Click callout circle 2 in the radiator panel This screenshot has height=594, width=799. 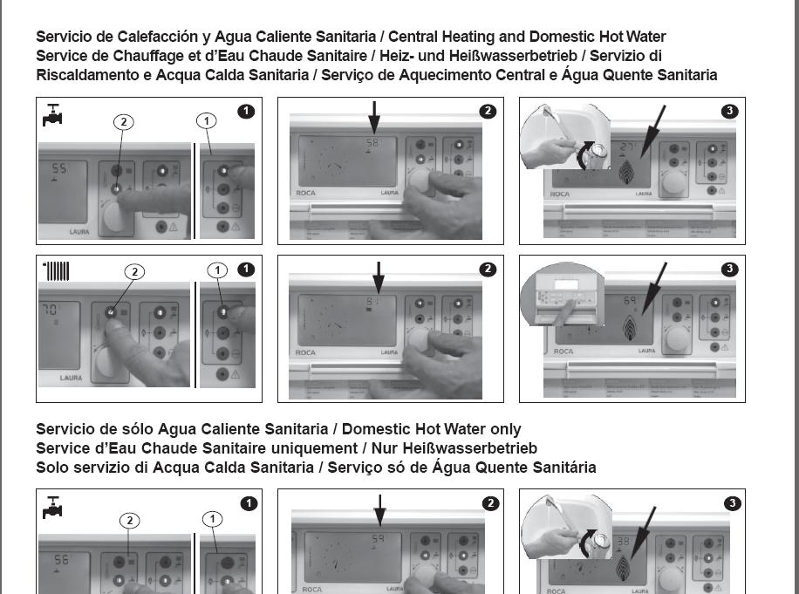tap(133, 271)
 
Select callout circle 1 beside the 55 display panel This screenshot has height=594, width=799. tap(207, 121)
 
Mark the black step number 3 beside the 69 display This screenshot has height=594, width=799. tap(730, 269)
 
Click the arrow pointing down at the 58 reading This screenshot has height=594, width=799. tap(373, 118)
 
